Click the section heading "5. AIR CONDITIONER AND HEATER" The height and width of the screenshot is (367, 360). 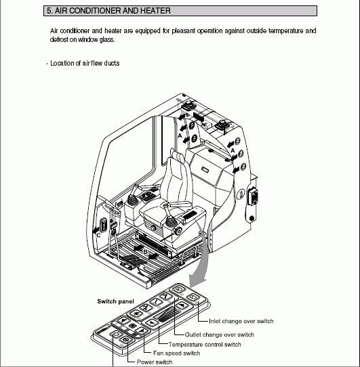coord(108,11)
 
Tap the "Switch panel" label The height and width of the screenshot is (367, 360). coord(115,301)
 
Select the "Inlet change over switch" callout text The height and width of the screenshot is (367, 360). coord(241,321)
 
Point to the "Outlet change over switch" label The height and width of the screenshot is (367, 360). coord(220,334)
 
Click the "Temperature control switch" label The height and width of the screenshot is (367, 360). coord(205,345)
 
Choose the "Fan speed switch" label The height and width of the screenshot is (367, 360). coord(176,353)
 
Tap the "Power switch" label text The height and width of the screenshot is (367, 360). coord(155,362)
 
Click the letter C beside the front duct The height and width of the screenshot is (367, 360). coord(99,235)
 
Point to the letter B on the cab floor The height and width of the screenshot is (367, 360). coord(145,252)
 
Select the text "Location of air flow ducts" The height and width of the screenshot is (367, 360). coord(85,64)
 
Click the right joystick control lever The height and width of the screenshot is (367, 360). coord(169,217)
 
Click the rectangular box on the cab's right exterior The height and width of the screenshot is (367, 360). coord(253,196)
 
